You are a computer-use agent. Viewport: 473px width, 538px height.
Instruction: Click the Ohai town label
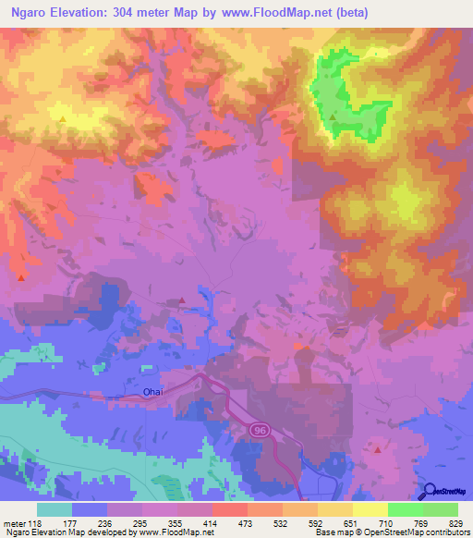[153, 392]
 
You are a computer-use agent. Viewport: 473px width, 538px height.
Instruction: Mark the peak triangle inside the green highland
[334, 117]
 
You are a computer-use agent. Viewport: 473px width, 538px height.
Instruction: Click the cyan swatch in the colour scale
[55, 509]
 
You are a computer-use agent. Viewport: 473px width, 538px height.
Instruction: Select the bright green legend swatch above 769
[406, 509]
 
